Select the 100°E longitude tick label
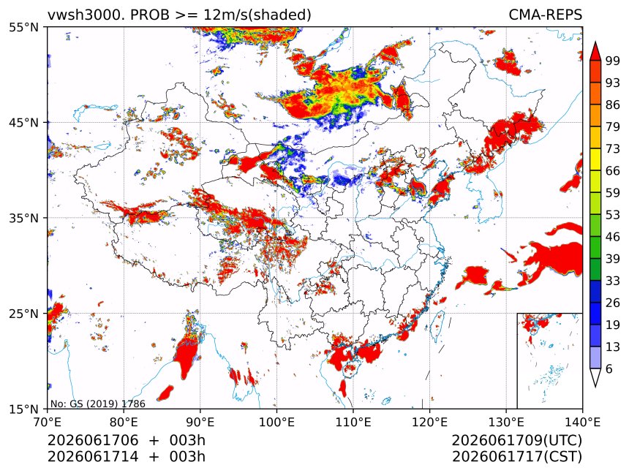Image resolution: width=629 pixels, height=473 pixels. tap(276, 422)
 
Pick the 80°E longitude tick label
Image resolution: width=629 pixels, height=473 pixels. tap(124, 422)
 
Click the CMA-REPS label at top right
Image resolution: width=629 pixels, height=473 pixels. tap(545, 15)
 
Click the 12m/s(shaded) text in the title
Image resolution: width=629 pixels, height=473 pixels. tap(257, 15)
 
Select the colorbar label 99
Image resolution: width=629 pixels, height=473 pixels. tap(613, 61)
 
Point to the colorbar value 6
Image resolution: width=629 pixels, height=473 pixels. tap(609, 368)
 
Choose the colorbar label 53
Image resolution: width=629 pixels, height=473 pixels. tap(613, 215)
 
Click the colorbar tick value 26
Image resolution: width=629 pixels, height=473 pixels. tap(613, 303)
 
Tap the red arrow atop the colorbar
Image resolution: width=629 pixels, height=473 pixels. tap(595, 51)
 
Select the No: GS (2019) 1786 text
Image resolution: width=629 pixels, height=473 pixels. tap(98, 404)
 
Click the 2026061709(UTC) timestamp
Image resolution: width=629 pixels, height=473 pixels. tap(516, 441)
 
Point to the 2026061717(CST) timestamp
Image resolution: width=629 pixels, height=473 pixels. tap(516, 457)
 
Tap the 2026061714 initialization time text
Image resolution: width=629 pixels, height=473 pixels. tap(93, 457)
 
